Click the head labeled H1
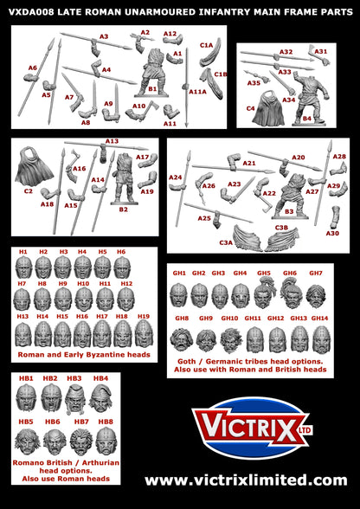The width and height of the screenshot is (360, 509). [23, 265]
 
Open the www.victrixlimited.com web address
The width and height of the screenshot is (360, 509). [246, 479]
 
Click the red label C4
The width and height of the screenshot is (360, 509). [251, 108]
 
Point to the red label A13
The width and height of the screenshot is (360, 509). [112, 141]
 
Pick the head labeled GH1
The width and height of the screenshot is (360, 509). [180, 293]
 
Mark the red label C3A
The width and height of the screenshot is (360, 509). [227, 242]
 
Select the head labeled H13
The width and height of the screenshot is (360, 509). [23, 334]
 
